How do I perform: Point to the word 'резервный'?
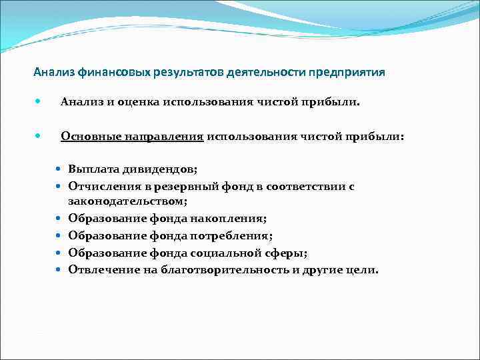(189, 187)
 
